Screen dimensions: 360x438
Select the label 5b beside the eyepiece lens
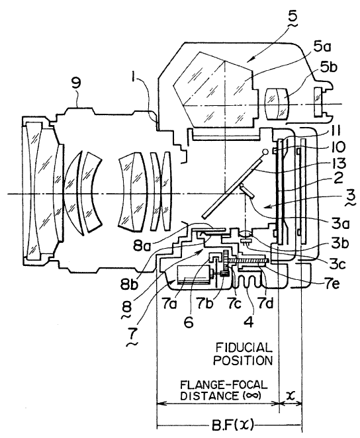329,68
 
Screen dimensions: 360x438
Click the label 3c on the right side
337,264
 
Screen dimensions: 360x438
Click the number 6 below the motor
189,322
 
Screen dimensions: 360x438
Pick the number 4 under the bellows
249,322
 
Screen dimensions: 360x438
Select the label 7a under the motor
168,304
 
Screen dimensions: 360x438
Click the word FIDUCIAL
244,348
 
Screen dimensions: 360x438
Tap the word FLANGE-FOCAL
224,385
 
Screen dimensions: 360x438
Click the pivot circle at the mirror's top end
265,152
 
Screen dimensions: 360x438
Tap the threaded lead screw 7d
249,261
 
